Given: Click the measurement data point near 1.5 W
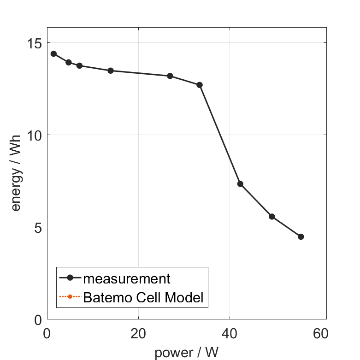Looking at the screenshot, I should (x=53, y=53).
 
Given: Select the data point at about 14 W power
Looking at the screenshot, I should (x=111, y=71).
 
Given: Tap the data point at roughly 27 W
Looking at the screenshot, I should (x=170, y=76).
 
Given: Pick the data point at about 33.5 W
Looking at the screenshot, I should (x=200, y=85).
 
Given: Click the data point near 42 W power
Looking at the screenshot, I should (x=240, y=184).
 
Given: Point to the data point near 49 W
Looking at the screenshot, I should (x=272, y=216).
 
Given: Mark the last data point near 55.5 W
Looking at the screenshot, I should (x=301, y=236).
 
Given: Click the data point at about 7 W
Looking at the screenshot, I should (x=79, y=65).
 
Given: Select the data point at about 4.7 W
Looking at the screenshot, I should (x=69, y=62).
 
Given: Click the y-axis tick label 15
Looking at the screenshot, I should (x=33, y=43).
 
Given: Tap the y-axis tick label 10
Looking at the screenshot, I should (x=33, y=135).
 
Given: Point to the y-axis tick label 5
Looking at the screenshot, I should (x=37, y=227).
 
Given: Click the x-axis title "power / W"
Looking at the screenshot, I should (x=186, y=353).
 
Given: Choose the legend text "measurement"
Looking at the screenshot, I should (x=127, y=278).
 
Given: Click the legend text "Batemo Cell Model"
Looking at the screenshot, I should (x=143, y=297).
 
